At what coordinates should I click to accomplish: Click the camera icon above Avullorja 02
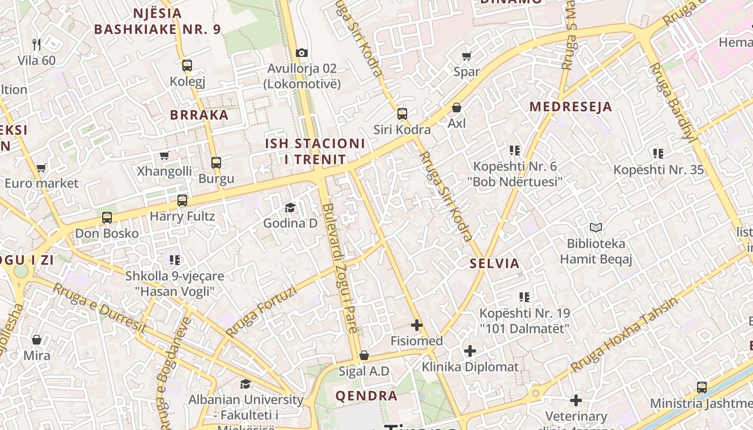coord(302,53)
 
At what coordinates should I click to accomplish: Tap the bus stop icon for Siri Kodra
coord(402,113)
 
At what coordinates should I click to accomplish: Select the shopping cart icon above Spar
coord(466,56)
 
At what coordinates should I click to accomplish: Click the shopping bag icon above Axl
coord(457,107)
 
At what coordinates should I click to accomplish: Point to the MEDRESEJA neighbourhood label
coord(571,106)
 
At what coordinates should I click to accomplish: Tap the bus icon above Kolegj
coord(187,66)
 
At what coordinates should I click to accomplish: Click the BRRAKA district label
coord(200,115)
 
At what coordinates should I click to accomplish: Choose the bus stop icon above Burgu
coord(216,162)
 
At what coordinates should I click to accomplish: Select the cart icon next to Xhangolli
coord(164,155)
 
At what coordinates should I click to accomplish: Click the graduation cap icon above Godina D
coord(290,207)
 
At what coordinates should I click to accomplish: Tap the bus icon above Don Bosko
coord(107,218)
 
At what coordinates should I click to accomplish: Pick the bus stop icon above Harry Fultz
coord(182,200)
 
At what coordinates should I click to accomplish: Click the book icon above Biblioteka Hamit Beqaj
coord(596,227)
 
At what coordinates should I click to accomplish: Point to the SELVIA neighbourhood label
coord(494,263)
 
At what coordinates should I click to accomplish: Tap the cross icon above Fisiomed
coord(417,325)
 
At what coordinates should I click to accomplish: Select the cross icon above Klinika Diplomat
coord(470,351)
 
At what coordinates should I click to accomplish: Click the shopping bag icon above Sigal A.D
coord(364,355)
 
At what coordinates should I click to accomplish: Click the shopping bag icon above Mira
coord(37,340)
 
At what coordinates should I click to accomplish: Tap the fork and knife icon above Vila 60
coord(37,44)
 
